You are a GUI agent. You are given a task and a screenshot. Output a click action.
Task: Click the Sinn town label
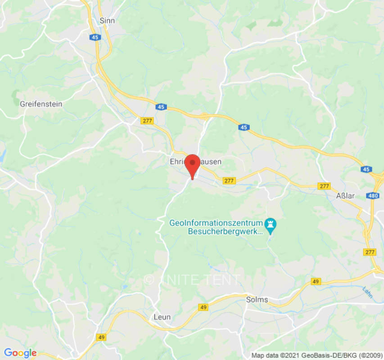(107, 21)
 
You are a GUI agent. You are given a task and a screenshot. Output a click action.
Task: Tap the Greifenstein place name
(41, 103)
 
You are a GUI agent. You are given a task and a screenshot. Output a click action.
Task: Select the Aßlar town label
(346, 196)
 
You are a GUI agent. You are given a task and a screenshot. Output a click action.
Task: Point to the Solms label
(257, 299)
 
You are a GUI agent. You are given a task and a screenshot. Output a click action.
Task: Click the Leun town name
(162, 317)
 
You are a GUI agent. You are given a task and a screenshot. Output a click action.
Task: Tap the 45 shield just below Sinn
(95, 37)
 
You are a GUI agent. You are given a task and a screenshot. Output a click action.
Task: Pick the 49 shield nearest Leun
(203, 307)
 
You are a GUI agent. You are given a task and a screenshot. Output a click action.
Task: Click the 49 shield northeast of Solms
(316, 282)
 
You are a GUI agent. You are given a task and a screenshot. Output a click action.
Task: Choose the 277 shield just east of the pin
(229, 180)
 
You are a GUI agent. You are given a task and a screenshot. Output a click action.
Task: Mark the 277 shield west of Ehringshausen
(147, 121)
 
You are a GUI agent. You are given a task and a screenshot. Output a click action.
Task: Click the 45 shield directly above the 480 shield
(366, 169)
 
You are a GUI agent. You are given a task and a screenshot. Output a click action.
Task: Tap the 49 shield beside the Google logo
(102, 337)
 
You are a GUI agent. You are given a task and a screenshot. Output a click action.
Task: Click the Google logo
(20, 353)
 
